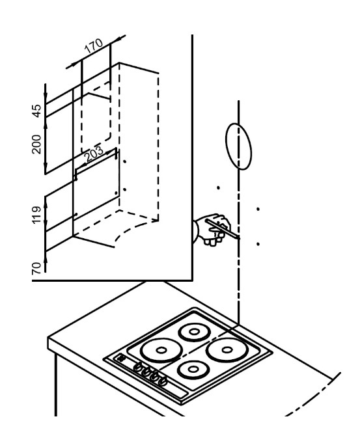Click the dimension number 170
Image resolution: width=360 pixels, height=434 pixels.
(94, 46)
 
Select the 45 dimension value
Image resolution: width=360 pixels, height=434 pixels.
(36, 111)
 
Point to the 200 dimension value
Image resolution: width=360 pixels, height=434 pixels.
(36, 144)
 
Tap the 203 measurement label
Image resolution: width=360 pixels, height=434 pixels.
(94, 154)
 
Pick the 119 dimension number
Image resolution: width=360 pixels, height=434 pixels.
(36, 215)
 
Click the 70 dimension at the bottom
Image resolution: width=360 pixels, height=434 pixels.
(36, 268)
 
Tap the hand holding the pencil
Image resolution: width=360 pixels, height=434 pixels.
(213, 229)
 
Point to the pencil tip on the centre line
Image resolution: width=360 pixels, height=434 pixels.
(238, 237)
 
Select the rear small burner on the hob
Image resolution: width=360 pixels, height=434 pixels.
(194, 332)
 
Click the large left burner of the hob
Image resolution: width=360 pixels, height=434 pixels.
(161, 350)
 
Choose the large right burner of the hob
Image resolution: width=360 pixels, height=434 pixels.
(227, 350)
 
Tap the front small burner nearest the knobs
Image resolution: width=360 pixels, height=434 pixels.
(193, 369)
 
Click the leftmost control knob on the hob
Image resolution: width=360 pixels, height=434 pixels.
(137, 367)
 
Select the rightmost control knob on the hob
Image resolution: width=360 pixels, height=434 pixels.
(163, 381)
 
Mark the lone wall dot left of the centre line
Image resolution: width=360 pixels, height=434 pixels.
(218, 188)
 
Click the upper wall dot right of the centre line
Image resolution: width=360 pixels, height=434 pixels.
(258, 209)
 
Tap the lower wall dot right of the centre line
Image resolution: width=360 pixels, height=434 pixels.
(258, 244)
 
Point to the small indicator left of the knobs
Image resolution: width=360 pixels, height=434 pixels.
(121, 359)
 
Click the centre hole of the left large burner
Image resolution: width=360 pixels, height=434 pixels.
(161, 350)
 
